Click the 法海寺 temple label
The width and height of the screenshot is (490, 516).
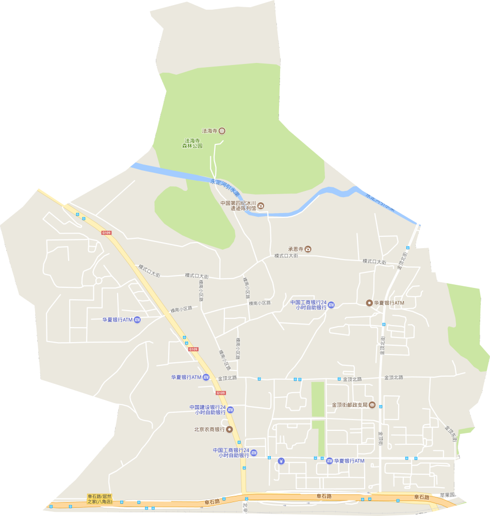pyautogui.click(x=209, y=131)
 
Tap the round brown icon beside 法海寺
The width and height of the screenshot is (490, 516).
pyautogui.click(x=222, y=131)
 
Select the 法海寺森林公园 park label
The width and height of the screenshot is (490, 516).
pyautogui.click(x=192, y=143)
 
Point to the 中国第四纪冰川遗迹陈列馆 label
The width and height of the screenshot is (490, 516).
pyautogui.click(x=238, y=206)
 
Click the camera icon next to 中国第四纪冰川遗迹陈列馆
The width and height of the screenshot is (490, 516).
pyautogui.click(x=261, y=206)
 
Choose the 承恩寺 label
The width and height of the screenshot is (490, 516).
pyautogui.click(x=296, y=249)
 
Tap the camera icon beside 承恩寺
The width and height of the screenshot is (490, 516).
pyautogui.click(x=308, y=249)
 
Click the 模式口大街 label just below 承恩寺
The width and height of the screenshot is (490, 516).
pyautogui.click(x=286, y=256)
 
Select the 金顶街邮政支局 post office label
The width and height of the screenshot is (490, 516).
pyautogui.click(x=349, y=405)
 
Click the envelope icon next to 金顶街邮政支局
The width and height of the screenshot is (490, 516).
pyautogui.click(x=372, y=405)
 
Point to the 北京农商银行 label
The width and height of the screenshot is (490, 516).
pyautogui.click(x=209, y=429)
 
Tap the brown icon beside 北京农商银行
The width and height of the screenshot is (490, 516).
pyautogui.click(x=230, y=429)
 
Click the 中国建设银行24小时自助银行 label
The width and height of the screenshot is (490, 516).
pyautogui.click(x=207, y=410)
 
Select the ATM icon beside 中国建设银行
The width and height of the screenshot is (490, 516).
pyautogui.click(x=231, y=410)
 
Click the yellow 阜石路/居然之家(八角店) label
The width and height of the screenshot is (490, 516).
pyautogui.click(x=100, y=498)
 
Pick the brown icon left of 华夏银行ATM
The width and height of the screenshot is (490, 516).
pyautogui.click(x=369, y=303)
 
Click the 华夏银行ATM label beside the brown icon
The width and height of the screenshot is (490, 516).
pyautogui.click(x=389, y=303)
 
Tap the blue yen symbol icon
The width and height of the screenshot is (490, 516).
pyautogui.click(x=281, y=461)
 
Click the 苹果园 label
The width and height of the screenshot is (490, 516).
pyautogui.click(x=447, y=495)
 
